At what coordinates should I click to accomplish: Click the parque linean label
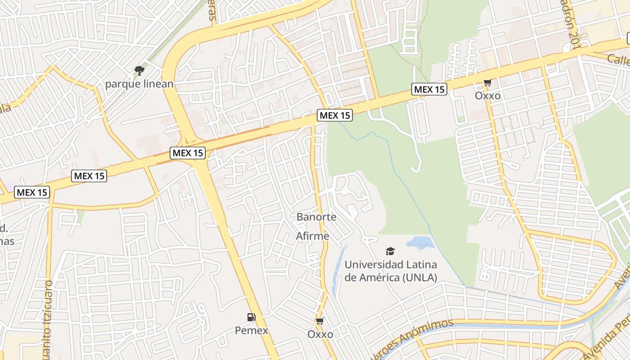pyautogui.click(x=139, y=84)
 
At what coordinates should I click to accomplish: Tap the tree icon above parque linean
pyautogui.click(x=139, y=70)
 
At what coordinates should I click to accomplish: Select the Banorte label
pyautogui.click(x=316, y=217)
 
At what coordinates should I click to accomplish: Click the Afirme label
pyautogui.click(x=313, y=236)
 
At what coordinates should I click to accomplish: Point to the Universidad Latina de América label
pyautogui.click(x=391, y=271)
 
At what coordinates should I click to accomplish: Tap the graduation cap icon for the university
pyautogui.click(x=390, y=251)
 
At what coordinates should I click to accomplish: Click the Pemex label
pyautogui.click(x=252, y=331)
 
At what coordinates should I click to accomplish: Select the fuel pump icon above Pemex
pyautogui.click(x=252, y=317)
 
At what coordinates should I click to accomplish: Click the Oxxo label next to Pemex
pyautogui.click(x=320, y=334)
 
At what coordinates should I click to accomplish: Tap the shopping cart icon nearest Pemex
pyautogui.click(x=320, y=321)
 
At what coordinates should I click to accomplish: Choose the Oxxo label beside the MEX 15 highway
pyautogui.click(x=488, y=96)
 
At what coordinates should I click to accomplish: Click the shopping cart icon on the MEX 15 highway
pyautogui.click(x=487, y=82)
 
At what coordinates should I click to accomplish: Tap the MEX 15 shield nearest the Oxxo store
pyautogui.click(x=429, y=89)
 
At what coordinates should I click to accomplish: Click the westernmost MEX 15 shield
pyautogui.click(x=31, y=193)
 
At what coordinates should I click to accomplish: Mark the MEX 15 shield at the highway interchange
pyautogui.click(x=188, y=153)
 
